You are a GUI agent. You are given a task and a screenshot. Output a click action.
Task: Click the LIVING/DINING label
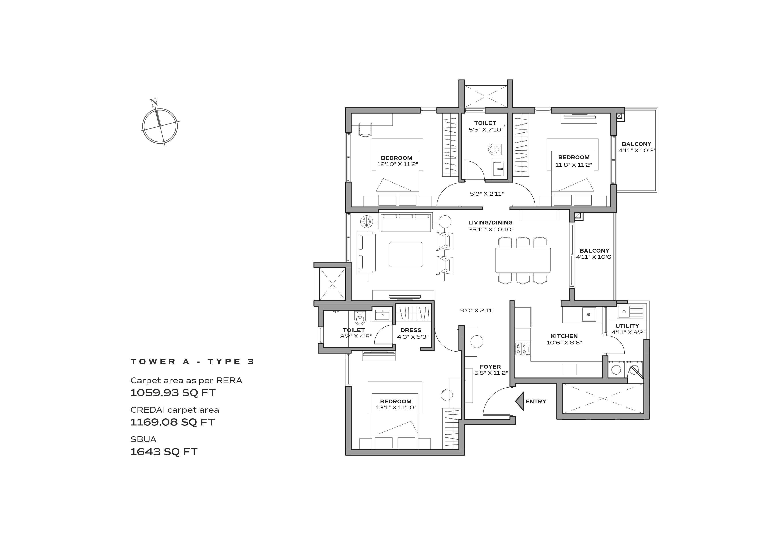coord(490,222)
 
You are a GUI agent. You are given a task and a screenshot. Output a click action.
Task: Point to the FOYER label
coord(490,367)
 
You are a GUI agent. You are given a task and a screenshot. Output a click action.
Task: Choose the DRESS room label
coord(411,330)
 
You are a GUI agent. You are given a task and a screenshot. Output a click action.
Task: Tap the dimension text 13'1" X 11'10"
coord(396,408)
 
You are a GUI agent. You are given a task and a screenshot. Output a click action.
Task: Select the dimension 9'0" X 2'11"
coord(477,310)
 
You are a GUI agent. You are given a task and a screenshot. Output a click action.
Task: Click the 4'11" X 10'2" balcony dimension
coord(637,151)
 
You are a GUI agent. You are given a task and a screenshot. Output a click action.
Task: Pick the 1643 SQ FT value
coord(164,452)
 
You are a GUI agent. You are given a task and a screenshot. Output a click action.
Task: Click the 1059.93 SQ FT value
coord(173,393)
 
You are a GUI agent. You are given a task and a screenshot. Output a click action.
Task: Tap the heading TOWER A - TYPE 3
coord(192,361)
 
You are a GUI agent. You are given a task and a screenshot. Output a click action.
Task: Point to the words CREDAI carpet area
coord(175,410)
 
